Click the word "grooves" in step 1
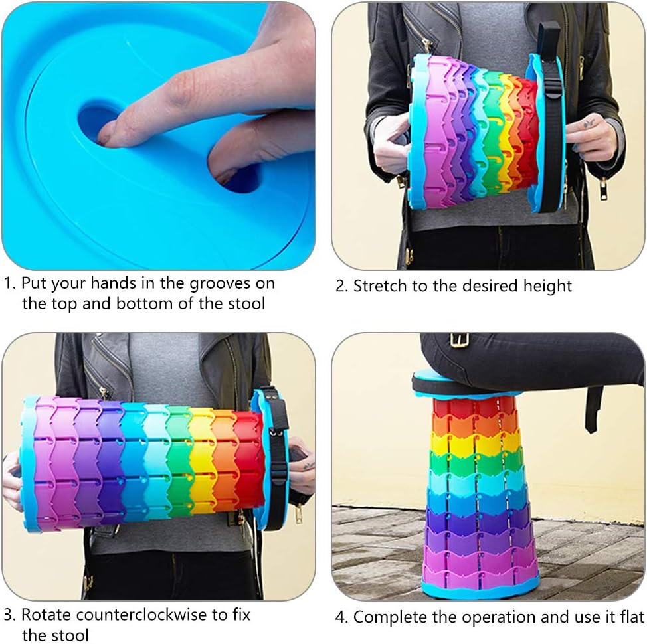point(219,284)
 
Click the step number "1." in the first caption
point(10,283)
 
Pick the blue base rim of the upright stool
point(481,587)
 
